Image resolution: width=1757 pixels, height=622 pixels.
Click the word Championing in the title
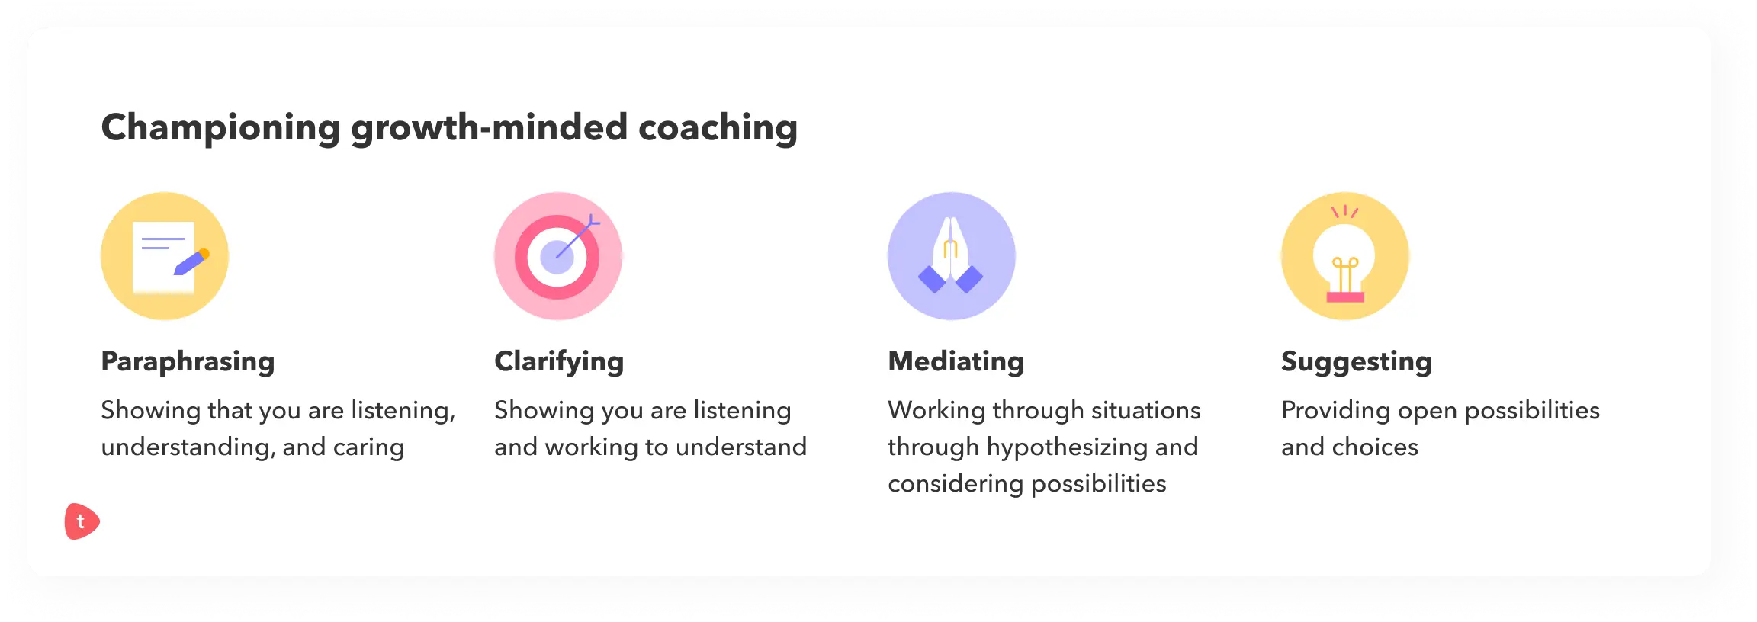point(220,128)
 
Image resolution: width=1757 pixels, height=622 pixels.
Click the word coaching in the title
point(718,128)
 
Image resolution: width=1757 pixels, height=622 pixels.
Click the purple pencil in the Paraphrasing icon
point(191,261)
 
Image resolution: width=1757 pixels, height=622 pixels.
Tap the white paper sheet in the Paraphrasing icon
point(163,257)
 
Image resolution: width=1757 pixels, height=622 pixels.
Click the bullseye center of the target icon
point(557,257)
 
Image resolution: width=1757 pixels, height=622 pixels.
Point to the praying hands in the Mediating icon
point(951,255)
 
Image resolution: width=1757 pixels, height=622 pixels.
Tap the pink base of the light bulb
point(1345,297)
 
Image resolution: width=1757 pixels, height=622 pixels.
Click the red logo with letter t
point(82,521)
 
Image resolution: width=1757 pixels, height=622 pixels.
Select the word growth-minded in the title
point(489,128)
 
